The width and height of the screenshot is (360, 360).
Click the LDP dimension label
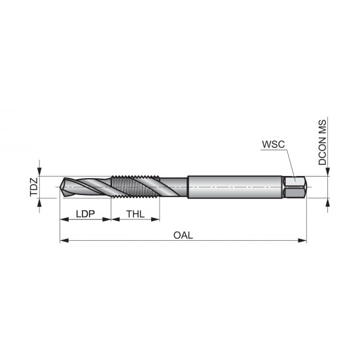[x=86, y=214]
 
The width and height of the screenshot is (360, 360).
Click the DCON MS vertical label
[x=323, y=142]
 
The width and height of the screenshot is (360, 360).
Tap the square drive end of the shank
[x=295, y=188]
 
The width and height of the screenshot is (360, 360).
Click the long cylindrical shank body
[x=236, y=188]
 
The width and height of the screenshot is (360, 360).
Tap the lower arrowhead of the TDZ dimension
[x=41, y=204]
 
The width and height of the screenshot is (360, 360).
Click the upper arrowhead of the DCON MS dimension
[x=325, y=173]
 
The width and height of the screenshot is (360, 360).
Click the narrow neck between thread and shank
[x=174, y=188]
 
